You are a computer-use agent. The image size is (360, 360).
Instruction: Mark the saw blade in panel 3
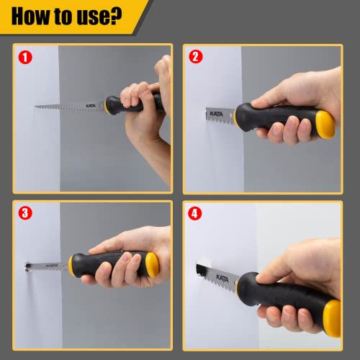point(47,261)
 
